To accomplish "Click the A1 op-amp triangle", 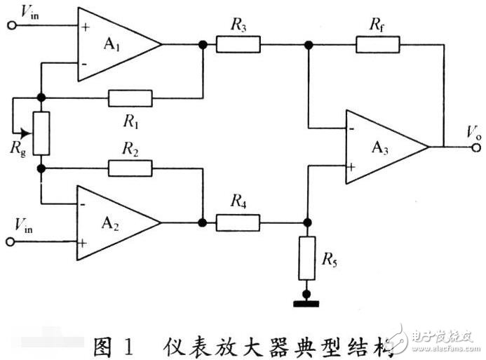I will point(112,44).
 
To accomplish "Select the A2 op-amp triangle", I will point(112,222).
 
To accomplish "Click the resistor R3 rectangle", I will point(238,45).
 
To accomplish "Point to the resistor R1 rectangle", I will point(130,98).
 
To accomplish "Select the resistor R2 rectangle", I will point(130,168).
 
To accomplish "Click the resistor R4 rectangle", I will point(238,223).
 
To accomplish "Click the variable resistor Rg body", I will point(42,133).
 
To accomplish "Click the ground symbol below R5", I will point(306,302).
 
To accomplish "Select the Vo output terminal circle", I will point(477,147).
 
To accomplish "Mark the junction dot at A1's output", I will point(203,45).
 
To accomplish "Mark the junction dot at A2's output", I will point(203,223).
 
